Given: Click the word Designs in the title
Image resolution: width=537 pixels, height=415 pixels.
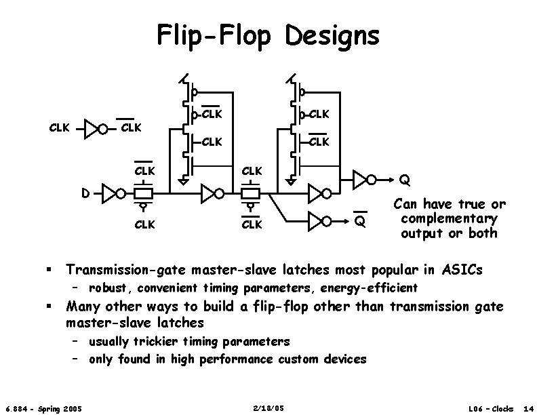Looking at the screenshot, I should (x=333, y=35).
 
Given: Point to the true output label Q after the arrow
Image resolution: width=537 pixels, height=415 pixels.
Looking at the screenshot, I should (x=404, y=180).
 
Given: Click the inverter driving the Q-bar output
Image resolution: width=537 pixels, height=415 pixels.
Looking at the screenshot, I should (x=319, y=220).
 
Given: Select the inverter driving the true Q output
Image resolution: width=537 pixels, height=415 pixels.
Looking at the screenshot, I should (x=363, y=180).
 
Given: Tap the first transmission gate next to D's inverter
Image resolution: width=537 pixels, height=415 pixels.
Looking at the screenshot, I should (x=143, y=193).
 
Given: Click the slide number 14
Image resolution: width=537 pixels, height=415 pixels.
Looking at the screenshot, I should (x=528, y=408).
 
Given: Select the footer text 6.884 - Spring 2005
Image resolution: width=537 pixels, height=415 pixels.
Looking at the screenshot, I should (x=43, y=408).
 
